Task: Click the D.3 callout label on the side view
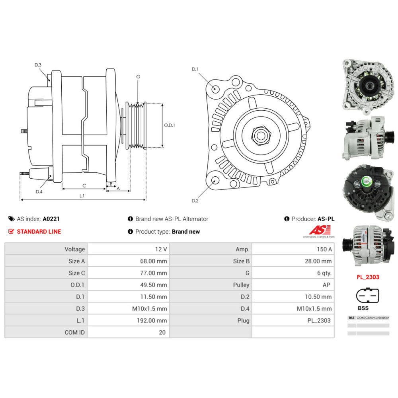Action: [38, 65]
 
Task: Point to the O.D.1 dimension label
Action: [170, 125]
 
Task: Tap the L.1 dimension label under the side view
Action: [82, 195]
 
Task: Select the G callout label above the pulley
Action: [138, 76]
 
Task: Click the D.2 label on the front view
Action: [195, 201]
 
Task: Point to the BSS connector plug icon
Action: [367, 297]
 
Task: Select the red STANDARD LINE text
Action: [39, 232]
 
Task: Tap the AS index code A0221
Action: [51, 219]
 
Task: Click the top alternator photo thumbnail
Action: [366, 84]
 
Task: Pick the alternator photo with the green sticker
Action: [366, 192]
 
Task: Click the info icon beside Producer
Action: [287, 219]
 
